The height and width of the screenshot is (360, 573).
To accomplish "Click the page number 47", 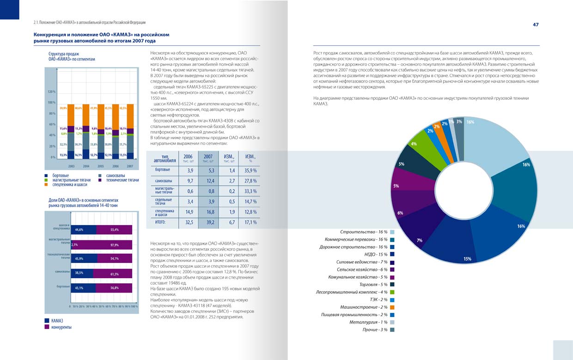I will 536,24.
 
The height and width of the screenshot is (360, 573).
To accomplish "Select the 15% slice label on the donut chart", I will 467,259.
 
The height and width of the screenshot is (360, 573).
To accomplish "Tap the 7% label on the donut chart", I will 420,240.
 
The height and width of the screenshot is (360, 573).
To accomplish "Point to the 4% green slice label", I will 414,144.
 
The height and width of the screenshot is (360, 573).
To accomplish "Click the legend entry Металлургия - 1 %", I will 368,322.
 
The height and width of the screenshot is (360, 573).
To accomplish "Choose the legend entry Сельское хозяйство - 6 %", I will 362,269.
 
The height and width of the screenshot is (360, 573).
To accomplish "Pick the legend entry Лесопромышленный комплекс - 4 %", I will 352,292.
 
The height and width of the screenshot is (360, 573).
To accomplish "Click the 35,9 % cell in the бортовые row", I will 250,171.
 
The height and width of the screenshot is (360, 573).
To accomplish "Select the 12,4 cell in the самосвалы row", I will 208,181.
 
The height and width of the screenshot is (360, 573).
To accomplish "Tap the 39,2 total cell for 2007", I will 208,222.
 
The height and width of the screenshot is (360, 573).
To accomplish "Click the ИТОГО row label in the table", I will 160,222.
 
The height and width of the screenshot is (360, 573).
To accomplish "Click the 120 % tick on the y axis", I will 51,92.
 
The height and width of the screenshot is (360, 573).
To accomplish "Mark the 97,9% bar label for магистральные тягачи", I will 115,245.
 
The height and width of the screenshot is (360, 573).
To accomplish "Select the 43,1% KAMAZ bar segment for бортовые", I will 79,288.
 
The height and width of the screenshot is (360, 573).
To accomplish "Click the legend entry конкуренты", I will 61,327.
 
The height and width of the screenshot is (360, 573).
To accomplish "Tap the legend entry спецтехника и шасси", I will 70,184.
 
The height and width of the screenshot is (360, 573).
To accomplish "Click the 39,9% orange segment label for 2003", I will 64,108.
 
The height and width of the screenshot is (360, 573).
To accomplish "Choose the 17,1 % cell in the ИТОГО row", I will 250,222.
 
